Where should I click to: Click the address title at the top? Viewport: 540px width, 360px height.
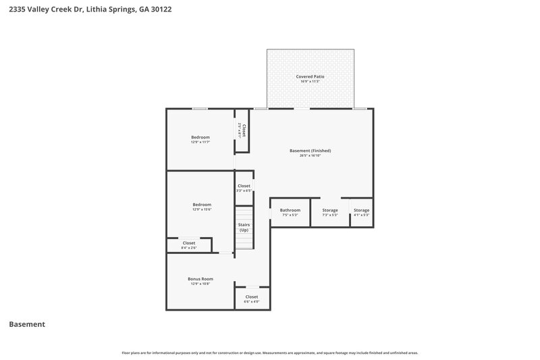[85, 10]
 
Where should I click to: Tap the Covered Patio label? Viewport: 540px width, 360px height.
[310, 77]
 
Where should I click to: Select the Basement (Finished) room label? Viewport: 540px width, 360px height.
[310, 151]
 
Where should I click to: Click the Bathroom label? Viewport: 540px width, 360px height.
[290, 210]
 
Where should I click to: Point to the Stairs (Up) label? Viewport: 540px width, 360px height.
[244, 228]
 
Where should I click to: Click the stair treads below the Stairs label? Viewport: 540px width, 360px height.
[244, 241]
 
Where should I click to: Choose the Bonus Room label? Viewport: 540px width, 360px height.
[200, 279]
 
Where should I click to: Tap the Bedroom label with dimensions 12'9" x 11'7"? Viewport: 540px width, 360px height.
[200, 138]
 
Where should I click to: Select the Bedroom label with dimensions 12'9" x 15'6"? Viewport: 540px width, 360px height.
[202, 205]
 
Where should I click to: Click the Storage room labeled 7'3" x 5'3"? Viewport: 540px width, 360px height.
[330, 210]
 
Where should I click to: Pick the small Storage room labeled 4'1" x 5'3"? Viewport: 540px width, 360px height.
[362, 210]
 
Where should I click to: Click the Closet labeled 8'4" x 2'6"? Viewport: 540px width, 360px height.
[189, 243]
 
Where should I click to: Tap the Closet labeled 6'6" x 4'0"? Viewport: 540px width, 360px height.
[252, 297]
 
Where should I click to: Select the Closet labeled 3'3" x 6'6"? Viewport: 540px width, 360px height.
[244, 186]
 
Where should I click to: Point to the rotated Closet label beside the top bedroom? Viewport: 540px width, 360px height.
[244, 130]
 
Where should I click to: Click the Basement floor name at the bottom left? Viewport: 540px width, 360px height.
[27, 324]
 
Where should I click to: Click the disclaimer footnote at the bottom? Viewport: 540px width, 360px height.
[270, 353]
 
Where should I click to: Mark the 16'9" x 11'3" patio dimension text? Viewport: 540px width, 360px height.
[310, 82]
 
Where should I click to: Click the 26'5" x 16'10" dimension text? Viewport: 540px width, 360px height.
[310, 155]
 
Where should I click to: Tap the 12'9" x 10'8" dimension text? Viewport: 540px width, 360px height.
[200, 284]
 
